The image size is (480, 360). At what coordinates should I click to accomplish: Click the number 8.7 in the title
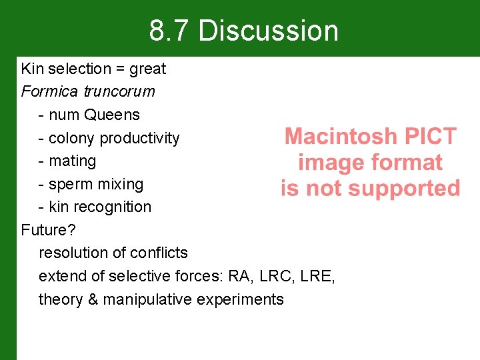coord(169,31)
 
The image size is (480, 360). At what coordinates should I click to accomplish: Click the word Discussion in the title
coord(268,31)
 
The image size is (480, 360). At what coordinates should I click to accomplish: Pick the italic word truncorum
coord(119,91)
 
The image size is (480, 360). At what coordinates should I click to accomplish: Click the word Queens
coord(112,115)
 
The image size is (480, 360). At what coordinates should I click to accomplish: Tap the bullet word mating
coord(73,161)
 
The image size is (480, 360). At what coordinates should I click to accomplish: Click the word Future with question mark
coord(48,230)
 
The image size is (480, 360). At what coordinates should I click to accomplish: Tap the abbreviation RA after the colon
coord(239,276)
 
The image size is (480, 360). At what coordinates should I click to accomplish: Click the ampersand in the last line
coord(92,299)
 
